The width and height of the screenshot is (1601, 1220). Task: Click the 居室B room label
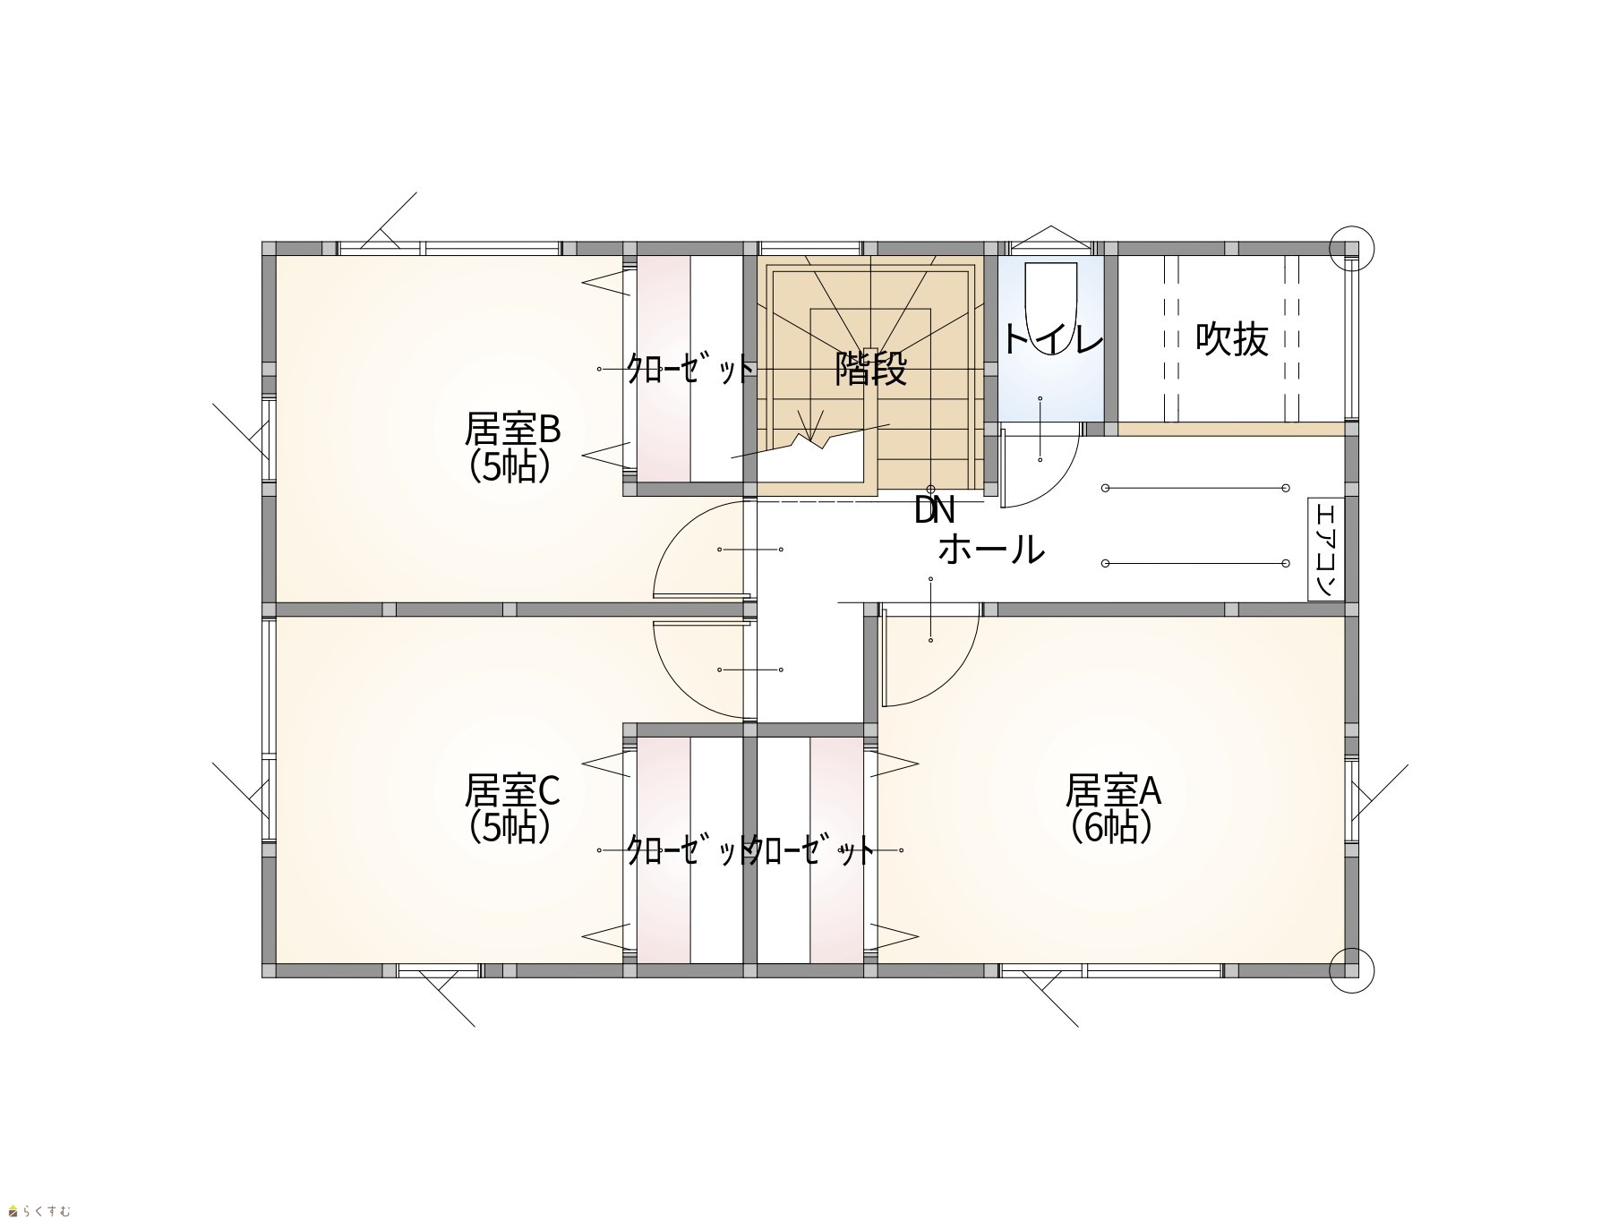point(512,430)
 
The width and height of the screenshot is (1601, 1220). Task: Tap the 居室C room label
point(512,790)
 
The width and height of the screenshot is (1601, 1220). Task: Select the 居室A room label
point(1113,790)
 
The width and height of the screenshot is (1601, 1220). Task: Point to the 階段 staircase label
point(870,369)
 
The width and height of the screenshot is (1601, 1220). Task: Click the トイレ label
point(1051,340)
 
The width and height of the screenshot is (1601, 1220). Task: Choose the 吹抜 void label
point(1232,339)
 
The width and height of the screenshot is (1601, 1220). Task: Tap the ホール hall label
point(991,549)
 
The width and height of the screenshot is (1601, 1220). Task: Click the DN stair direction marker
point(935,511)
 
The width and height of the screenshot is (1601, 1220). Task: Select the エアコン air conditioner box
point(1326,550)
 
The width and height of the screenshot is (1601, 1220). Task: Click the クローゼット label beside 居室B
point(689,369)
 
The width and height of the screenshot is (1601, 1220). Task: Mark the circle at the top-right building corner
point(1351,247)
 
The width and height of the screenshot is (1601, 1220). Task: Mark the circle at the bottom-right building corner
point(1351,970)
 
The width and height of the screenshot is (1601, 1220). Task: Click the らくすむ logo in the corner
point(39,1211)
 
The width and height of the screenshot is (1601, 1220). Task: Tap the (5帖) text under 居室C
point(509,827)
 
